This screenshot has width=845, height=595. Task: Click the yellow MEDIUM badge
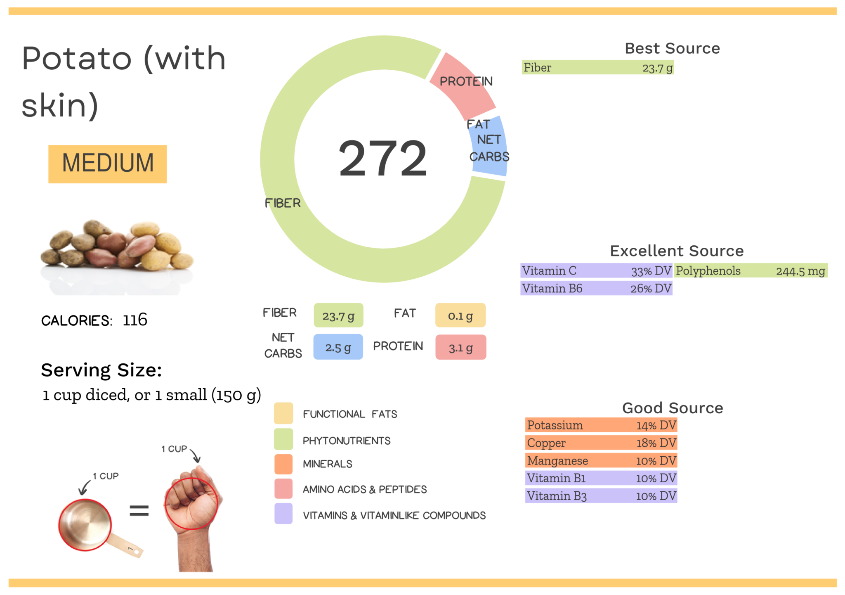107,164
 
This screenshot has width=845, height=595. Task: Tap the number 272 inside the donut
382,159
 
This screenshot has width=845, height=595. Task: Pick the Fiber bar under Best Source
597,67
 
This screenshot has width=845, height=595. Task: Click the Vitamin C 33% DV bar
597,271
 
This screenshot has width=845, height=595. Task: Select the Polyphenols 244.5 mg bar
751,271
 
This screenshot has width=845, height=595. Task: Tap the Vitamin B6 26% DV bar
597,288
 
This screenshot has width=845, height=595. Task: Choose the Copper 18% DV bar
601,443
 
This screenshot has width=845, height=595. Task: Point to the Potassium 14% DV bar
601,425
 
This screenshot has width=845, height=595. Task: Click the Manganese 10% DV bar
601,460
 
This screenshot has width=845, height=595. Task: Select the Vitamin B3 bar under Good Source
601,496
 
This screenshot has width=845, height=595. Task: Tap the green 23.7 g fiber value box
338,316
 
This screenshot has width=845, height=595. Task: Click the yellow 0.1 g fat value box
460,316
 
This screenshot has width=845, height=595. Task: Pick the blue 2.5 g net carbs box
338,347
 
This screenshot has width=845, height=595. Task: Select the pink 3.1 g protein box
460,348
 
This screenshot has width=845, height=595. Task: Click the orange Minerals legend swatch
283,464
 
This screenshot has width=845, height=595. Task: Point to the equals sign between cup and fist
139,511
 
